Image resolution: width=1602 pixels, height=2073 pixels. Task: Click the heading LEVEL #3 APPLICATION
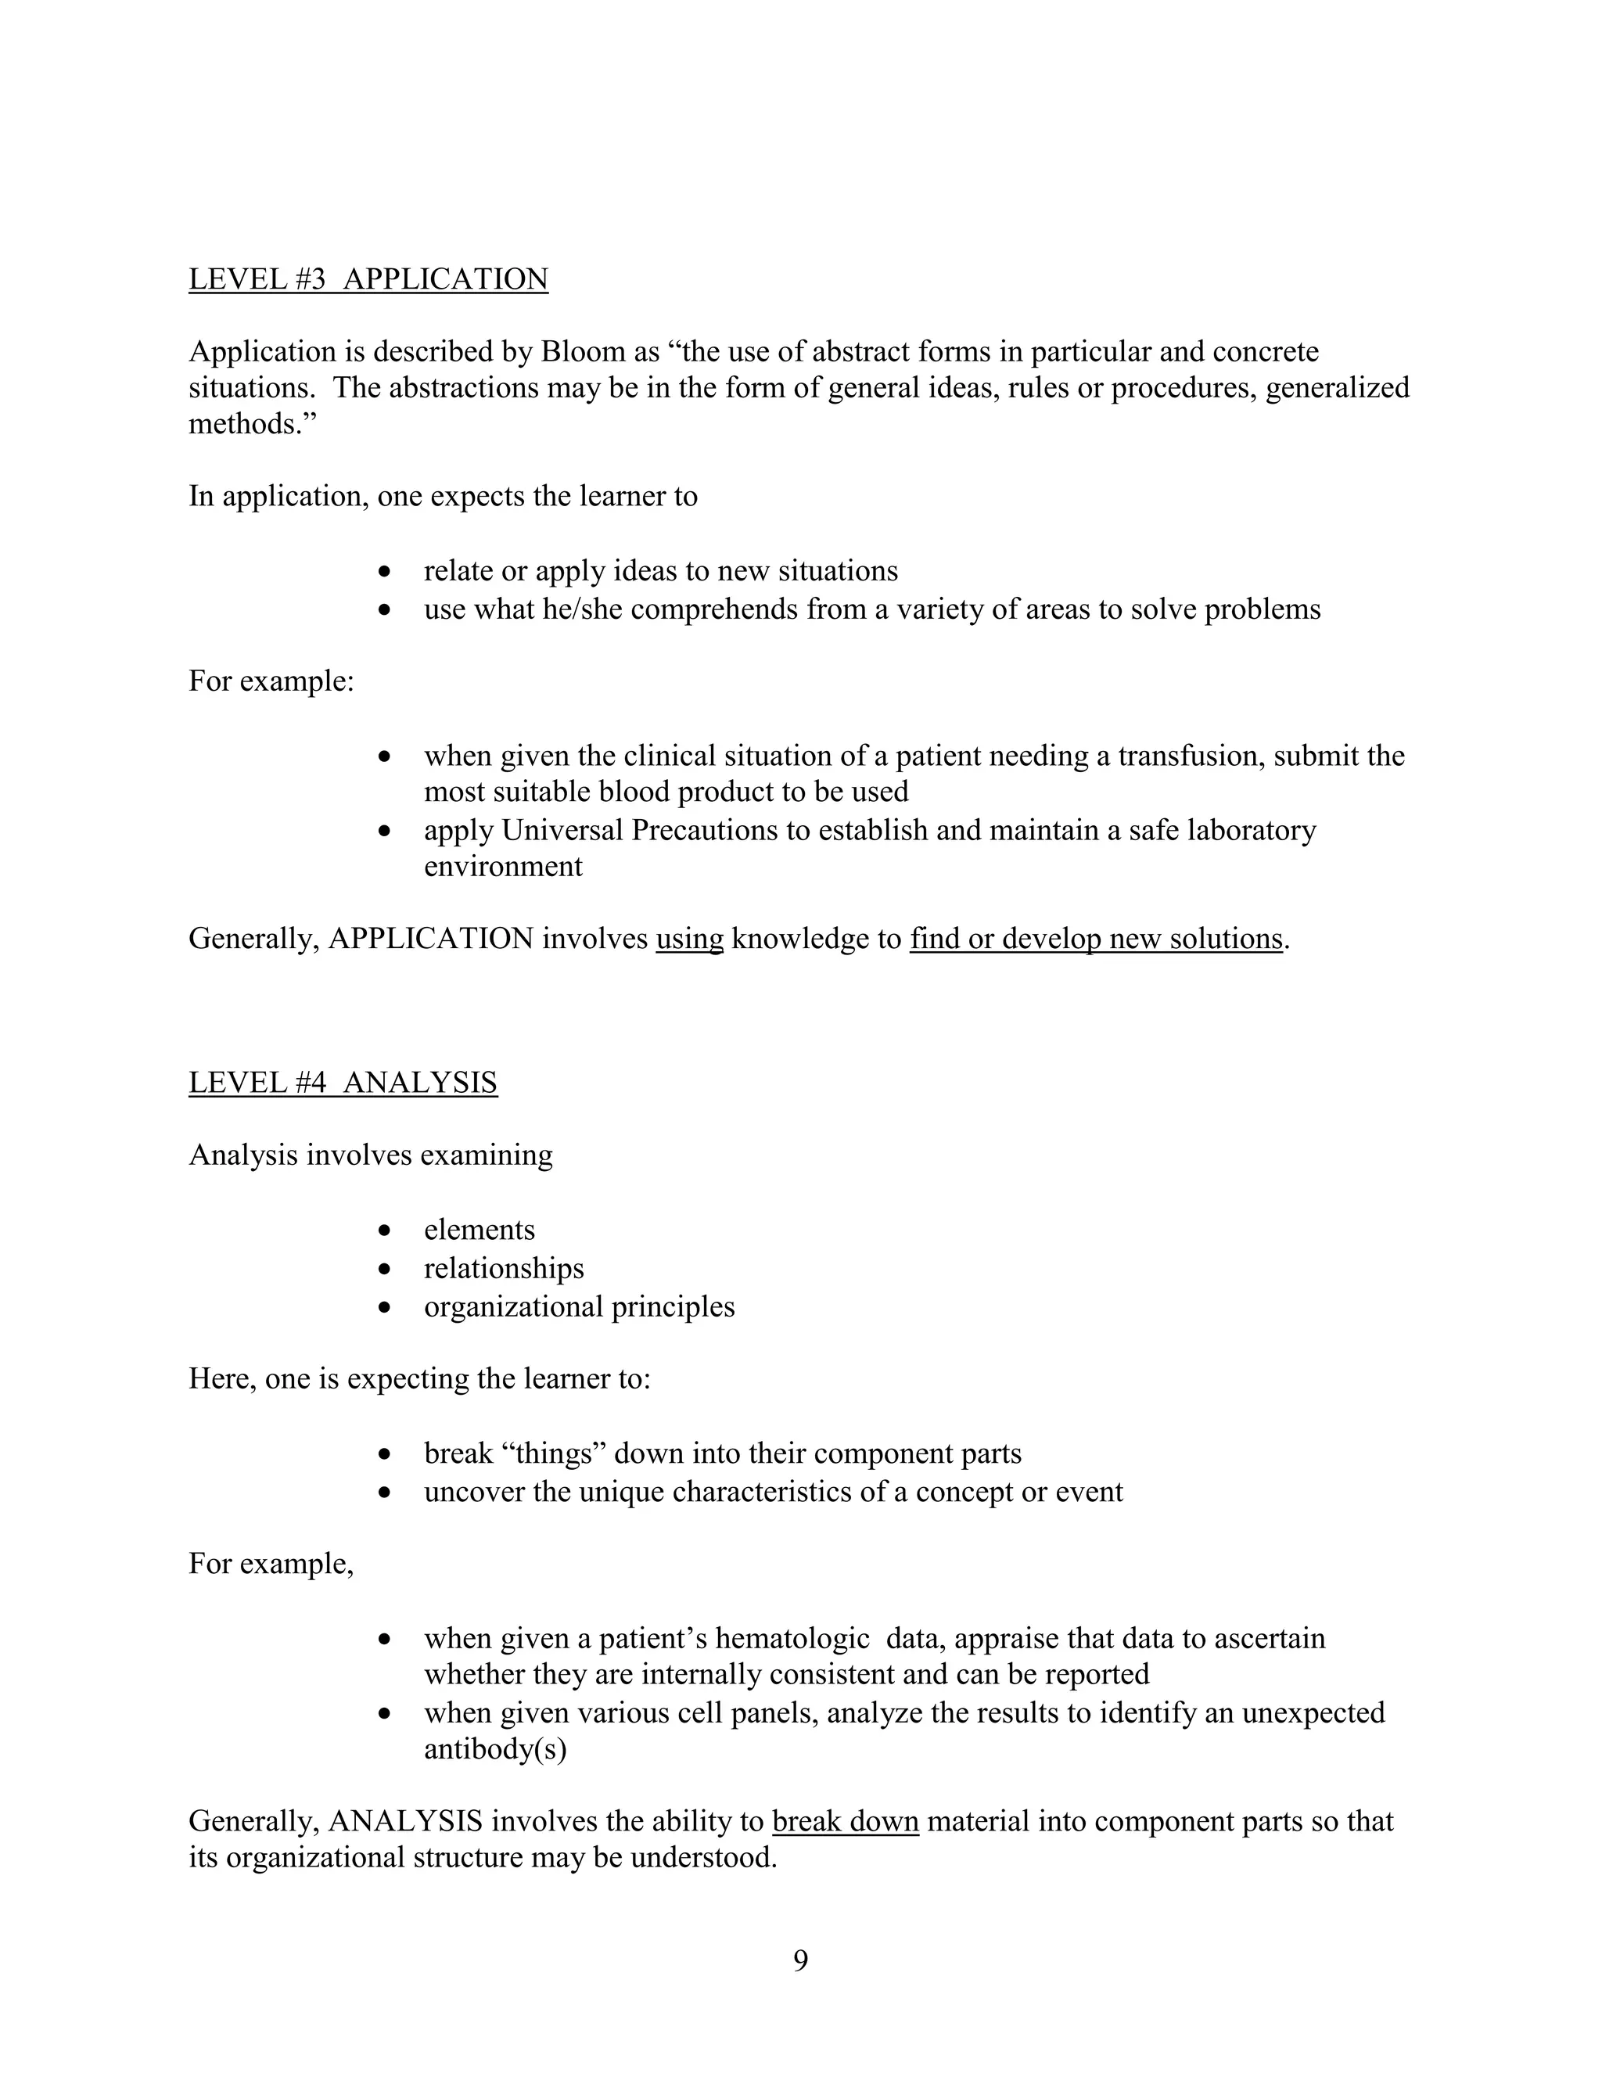pyautogui.click(x=368, y=279)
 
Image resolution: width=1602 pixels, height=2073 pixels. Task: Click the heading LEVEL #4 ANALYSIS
pyautogui.click(x=343, y=1082)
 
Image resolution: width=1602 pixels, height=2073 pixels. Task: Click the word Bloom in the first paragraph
pyautogui.click(x=583, y=352)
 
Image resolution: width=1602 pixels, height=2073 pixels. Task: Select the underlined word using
pyautogui.click(x=689, y=939)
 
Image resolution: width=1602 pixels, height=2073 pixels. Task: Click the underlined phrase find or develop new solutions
pyautogui.click(x=1095, y=939)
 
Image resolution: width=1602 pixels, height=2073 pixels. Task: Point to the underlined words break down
pyautogui.click(x=845, y=1821)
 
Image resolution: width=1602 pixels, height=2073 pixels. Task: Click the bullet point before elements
pyautogui.click(x=384, y=1231)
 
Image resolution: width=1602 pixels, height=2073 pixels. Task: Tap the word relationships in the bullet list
pyautogui.click(x=504, y=1268)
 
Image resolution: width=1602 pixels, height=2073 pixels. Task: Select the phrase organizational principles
pyautogui.click(x=579, y=1306)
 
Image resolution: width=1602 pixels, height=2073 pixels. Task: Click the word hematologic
pyautogui.click(x=792, y=1638)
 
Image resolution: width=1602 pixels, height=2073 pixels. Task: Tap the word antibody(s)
pyautogui.click(x=494, y=1748)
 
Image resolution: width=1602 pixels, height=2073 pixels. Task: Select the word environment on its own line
pyautogui.click(x=503, y=867)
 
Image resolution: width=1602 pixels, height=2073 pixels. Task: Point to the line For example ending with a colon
pyautogui.click(x=271, y=681)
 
